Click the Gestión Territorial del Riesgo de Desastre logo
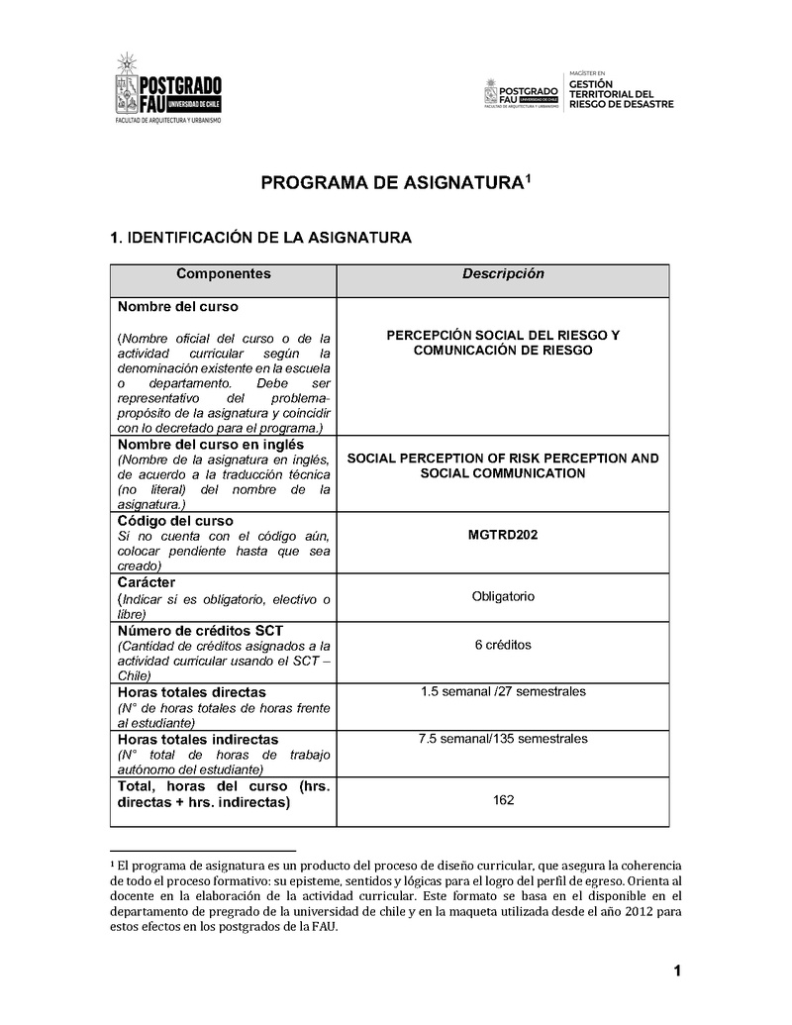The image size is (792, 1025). tap(578, 94)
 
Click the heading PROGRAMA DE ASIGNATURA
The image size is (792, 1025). tap(395, 183)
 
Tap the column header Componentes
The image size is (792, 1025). tap(223, 274)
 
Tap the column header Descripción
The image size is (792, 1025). tap(503, 274)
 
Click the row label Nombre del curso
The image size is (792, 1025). tap(178, 307)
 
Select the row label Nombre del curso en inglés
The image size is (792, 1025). tap(211, 445)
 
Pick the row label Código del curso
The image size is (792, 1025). tap(175, 521)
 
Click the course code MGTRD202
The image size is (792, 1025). tap(503, 536)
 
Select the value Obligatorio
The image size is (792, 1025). tap(503, 596)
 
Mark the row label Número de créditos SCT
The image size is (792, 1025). tap(200, 631)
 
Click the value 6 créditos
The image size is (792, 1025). tap(503, 645)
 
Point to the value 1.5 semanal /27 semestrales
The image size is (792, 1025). tap(503, 690)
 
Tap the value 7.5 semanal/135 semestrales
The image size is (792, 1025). tap(503, 738)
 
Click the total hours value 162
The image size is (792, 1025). tap(503, 800)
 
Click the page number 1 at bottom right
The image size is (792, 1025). tap(677, 972)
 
